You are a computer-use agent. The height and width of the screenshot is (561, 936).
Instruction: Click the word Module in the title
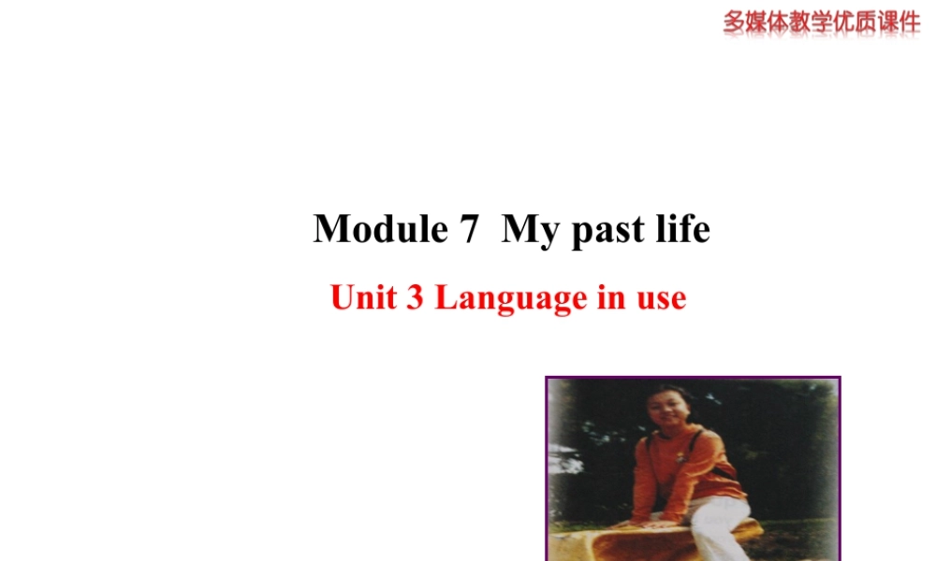click(x=380, y=229)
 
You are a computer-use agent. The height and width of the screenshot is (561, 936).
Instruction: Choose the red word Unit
click(x=364, y=298)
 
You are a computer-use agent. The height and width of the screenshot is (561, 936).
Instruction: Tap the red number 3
click(x=414, y=298)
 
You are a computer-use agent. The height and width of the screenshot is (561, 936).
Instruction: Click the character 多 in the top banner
click(x=735, y=22)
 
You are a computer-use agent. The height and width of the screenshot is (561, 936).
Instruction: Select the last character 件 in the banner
click(x=908, y=22)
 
